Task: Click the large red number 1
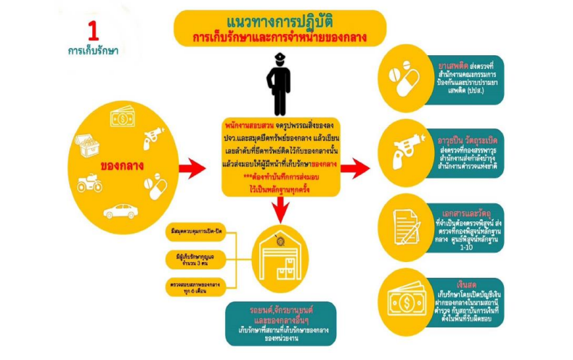[x=93, y=31]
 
